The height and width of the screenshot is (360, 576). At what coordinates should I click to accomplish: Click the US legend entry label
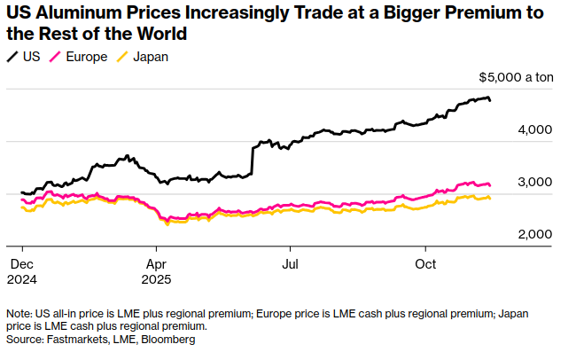[32, 57]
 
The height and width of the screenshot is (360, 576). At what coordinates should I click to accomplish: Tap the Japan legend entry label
[150, 57]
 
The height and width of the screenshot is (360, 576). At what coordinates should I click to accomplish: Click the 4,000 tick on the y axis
[536, 130]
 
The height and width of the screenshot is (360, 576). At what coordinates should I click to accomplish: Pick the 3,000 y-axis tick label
[536, 182]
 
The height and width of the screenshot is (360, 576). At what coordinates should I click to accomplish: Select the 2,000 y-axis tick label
[536, 234]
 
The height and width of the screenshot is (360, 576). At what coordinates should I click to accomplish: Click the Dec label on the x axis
[22, 263]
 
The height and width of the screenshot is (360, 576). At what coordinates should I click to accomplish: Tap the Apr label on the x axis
[156, 263]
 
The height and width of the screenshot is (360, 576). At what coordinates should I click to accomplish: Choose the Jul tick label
[290, 263]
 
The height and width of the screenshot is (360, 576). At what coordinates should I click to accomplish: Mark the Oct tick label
[426, 263]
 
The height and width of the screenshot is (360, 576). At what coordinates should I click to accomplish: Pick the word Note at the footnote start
[19, 314]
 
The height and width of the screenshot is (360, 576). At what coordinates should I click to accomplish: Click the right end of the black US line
[490, 100]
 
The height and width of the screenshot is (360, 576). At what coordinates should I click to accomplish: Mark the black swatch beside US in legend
[12, 57]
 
